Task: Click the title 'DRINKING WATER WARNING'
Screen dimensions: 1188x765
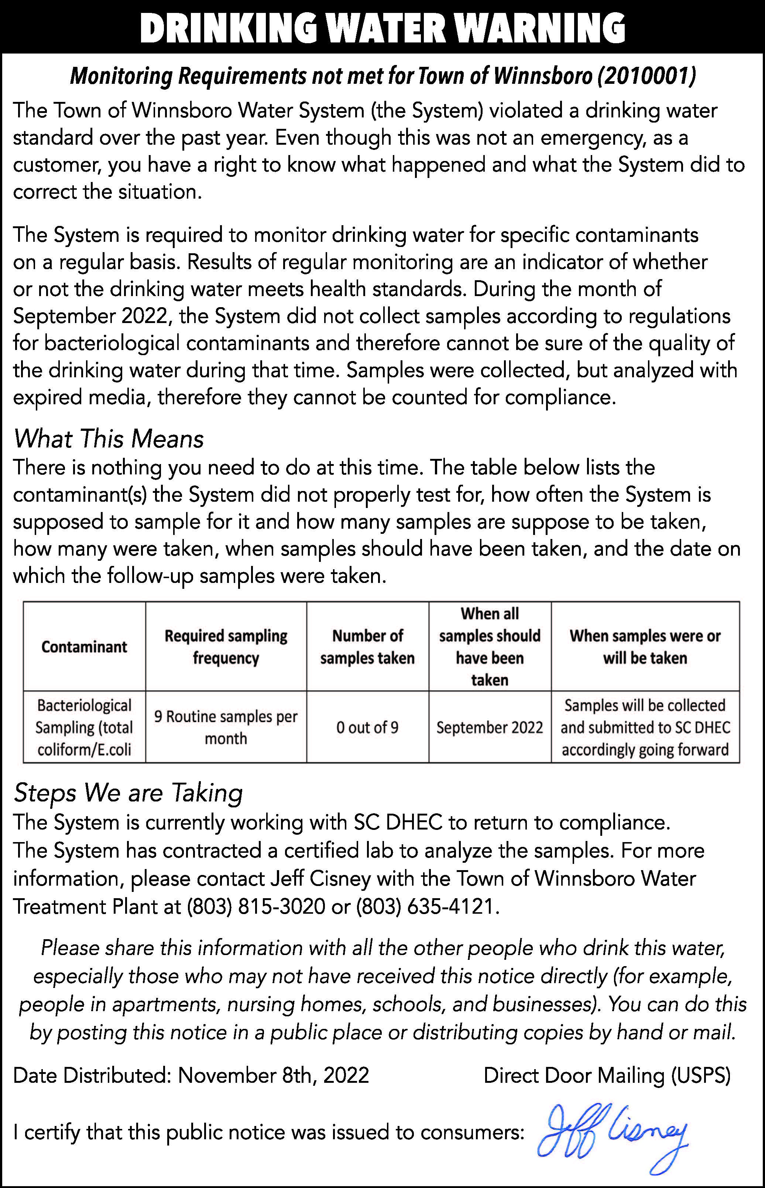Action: tap(382, 28)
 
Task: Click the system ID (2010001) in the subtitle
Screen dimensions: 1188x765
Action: tap(647, 76)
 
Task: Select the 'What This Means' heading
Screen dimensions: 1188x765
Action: tap(108, 439)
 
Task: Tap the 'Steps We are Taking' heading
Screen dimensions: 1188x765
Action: tap(128, 793)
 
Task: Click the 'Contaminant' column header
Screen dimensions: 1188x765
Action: tap(85, 647)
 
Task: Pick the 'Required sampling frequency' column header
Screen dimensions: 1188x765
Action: tap(226, 647)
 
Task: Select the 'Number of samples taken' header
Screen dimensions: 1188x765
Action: tap(368, 647)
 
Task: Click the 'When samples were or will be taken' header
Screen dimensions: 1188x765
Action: tap(645, 647)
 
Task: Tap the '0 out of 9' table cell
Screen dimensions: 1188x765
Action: tap(368, 728)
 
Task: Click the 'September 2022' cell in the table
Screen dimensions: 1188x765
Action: tap(490, 728)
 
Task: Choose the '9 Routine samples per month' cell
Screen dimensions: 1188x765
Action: tap(226, 728)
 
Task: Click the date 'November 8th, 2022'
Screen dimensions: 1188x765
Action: tap(273, 1076)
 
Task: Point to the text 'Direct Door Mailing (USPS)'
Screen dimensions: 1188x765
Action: tap(607, 1076)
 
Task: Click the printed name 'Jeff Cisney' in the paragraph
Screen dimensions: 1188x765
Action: tap(321, 879)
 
